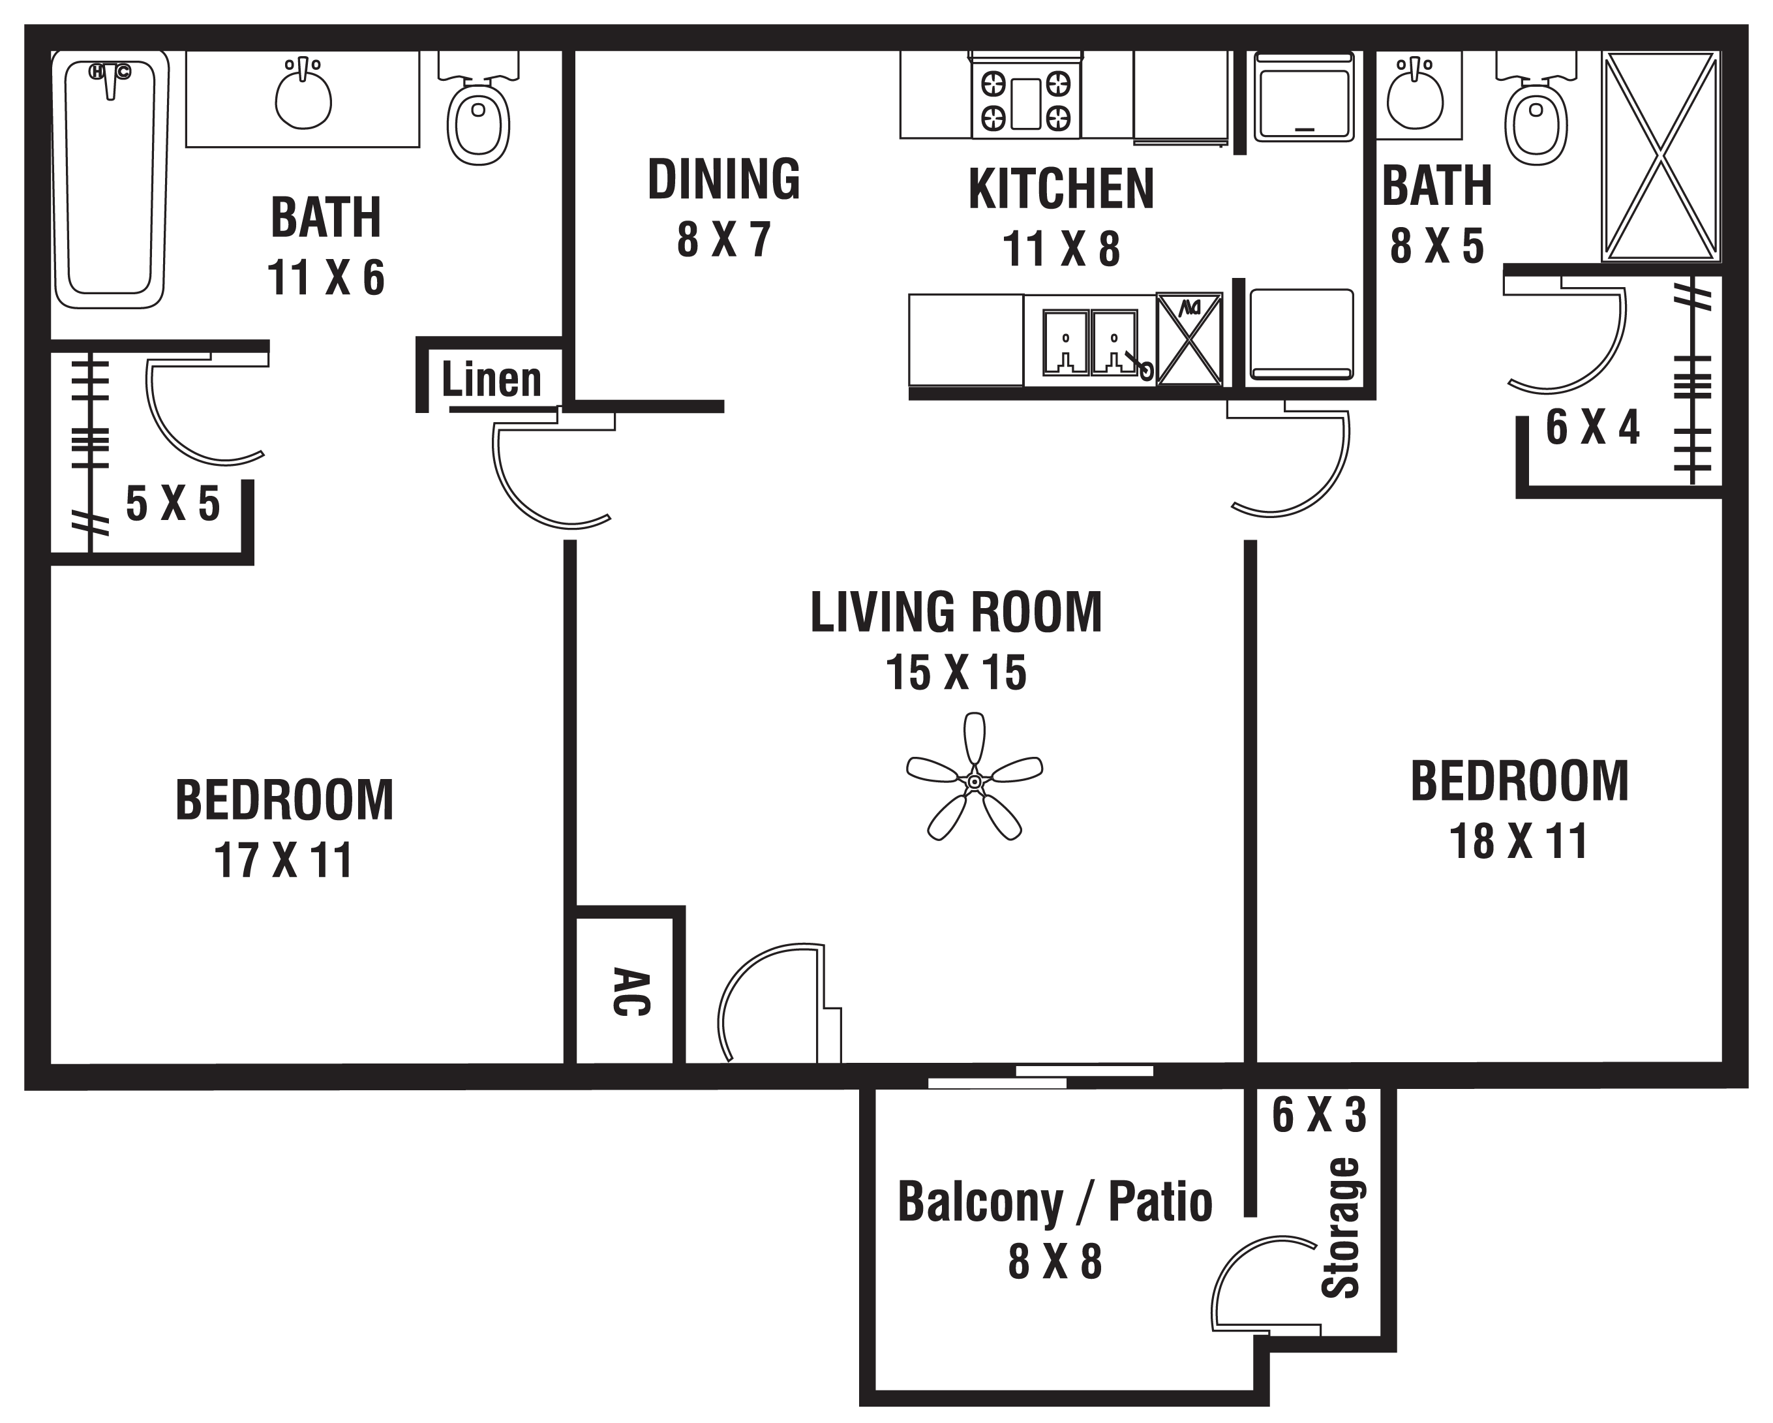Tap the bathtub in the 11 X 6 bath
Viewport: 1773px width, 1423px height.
pos(110,179)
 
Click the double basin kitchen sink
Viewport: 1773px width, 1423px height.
pos(1091,341)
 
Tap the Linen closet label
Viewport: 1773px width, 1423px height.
pos(492,380)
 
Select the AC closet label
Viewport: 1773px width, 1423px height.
pos(631,993)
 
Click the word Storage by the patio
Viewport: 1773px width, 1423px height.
pos(1340,1227)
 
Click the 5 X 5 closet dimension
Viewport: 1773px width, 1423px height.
pos(173,504)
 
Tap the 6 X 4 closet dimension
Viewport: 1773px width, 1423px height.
pos(1592,428)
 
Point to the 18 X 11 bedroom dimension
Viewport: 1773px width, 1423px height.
pos(1518,842)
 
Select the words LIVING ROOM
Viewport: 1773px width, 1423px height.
pos(956,613)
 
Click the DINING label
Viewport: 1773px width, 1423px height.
pos(723,180)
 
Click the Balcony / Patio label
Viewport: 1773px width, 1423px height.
pos(1054,1202)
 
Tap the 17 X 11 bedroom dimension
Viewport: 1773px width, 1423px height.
pos(283,861)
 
